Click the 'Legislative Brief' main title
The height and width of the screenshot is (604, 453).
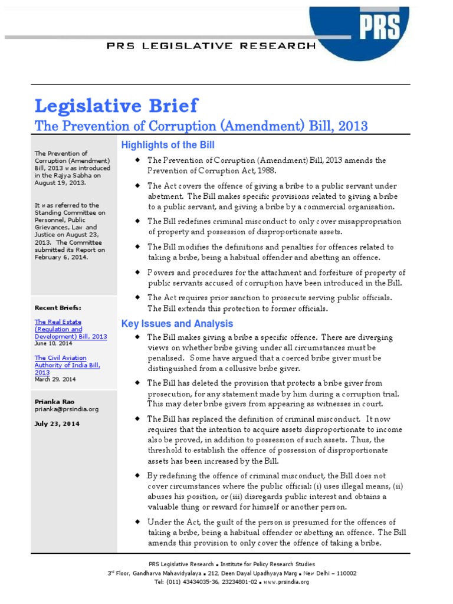click(116, 106)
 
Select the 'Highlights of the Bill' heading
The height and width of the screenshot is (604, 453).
click(168, 145)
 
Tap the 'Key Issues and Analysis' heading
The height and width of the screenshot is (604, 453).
click(177, 324)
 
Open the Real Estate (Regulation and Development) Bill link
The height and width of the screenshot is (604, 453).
click(70, 329)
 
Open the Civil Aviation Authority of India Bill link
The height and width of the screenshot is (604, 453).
click(67, 365)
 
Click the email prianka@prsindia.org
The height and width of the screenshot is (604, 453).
click(66, 409)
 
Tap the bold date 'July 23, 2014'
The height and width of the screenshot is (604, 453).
click(57, 424)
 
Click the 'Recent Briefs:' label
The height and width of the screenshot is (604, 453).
click(58, 308)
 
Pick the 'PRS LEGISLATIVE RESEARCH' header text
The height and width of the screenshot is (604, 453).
click(211, 45)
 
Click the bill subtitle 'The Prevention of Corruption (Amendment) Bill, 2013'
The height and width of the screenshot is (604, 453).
click(201, 126)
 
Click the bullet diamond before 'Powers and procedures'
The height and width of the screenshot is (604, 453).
click(137, 272)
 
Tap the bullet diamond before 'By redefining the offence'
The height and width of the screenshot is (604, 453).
click(137, 475)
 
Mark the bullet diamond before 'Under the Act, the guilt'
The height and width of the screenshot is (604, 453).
click(137, 522)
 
